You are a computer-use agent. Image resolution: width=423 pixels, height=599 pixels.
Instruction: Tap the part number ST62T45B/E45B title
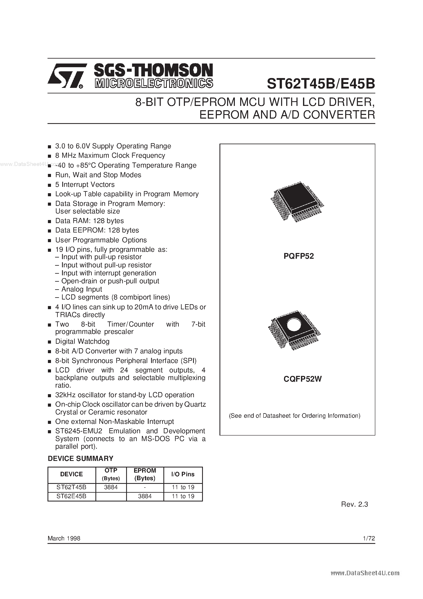(x=321, y=84)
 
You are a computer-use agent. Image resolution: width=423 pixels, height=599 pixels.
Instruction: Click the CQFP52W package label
(x=303, y=379)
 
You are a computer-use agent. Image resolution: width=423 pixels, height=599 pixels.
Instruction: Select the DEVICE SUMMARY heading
(x=80, y=458)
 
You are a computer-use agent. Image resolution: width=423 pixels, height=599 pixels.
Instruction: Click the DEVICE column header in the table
(x=71, y=474)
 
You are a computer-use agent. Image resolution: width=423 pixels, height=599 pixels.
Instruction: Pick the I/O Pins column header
(x=183, y=474)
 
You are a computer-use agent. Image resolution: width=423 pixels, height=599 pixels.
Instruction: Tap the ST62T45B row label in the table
(x=71, y=487)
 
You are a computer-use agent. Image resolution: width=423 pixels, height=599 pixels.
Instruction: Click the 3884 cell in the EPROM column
(x=145, y=496)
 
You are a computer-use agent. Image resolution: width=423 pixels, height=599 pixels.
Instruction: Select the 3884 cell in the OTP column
(x=111, y=487)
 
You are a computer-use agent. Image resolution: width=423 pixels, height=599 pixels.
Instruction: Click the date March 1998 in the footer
(x=64, y=538)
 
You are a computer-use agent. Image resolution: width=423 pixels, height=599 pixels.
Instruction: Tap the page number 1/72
(x=369, y=538)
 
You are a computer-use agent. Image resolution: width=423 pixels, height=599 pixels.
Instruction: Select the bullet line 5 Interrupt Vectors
(x=85, y=184)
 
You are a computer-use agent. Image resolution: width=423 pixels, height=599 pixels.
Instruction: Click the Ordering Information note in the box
(x=294, y=416)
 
